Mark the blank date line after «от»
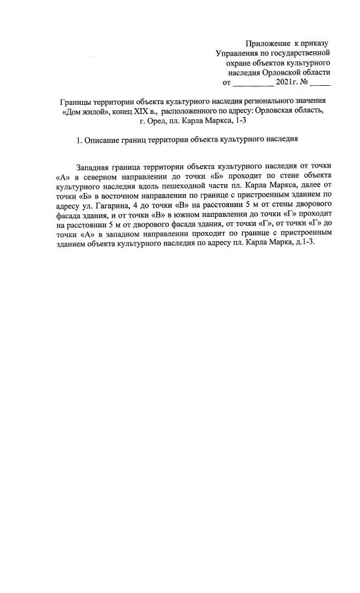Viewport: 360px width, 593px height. (x=254, y=85)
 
